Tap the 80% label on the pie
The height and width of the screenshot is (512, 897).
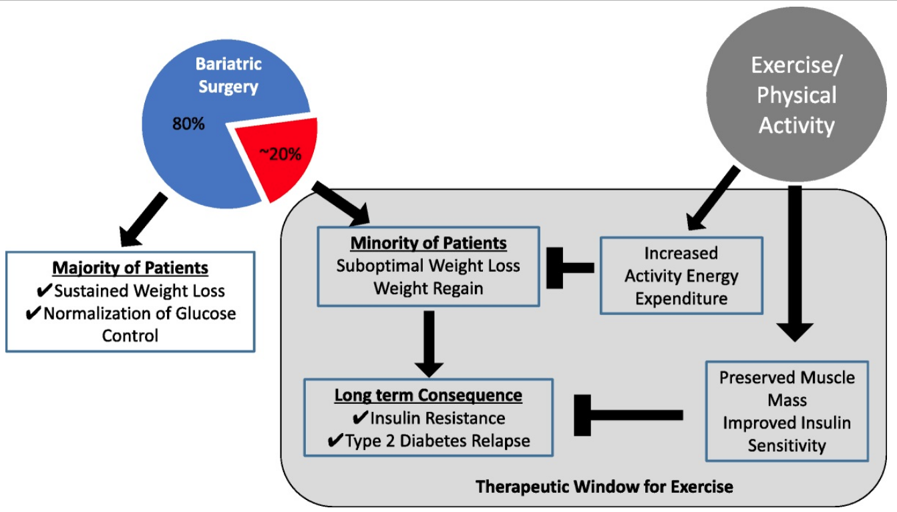(x=188, y=123)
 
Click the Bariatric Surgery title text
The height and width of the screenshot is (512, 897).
(x=228, y=75)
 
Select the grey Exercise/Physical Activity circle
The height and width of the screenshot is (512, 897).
(x=796, y=94)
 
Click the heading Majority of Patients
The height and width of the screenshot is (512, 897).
(x=130, y=268)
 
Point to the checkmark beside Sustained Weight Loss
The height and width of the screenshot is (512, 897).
(x=44, y=290)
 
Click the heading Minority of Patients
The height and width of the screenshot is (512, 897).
(x=429, y=243)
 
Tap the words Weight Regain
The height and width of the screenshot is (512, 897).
(x=429, y=288)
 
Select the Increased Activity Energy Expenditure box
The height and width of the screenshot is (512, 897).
(x=681, y=276)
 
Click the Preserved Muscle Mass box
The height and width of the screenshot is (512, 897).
(x=787, y=411)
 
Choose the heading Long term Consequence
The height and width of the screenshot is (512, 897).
(x=428, y=395)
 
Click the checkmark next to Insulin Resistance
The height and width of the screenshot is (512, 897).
(x=360, y=417)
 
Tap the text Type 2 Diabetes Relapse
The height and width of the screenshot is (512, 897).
(x=437, y=441)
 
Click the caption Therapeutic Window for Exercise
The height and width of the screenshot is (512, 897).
(x=604, y=487)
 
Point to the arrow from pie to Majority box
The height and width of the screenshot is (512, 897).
(x=144, y=220)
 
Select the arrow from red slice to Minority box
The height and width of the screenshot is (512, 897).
(x=341, y=202)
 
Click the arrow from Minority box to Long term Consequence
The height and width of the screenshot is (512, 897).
(x=429, y=344)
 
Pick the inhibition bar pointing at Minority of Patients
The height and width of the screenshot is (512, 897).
(x=570, y=268)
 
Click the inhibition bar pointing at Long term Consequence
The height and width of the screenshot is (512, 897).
(x=629, y=415)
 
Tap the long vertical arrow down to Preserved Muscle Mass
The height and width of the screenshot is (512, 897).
(x=795, y=264)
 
